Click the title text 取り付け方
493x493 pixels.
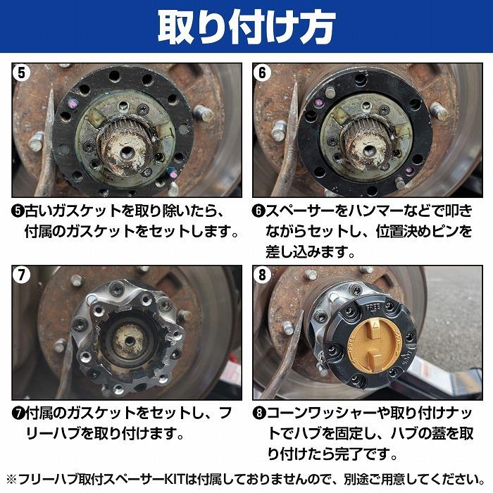(246, 27)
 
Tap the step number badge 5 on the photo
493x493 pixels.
(22, 73)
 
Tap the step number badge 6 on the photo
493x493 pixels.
(263, 73)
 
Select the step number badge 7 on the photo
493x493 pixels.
(22, 275)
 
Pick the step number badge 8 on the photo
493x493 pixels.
(263, 275)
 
